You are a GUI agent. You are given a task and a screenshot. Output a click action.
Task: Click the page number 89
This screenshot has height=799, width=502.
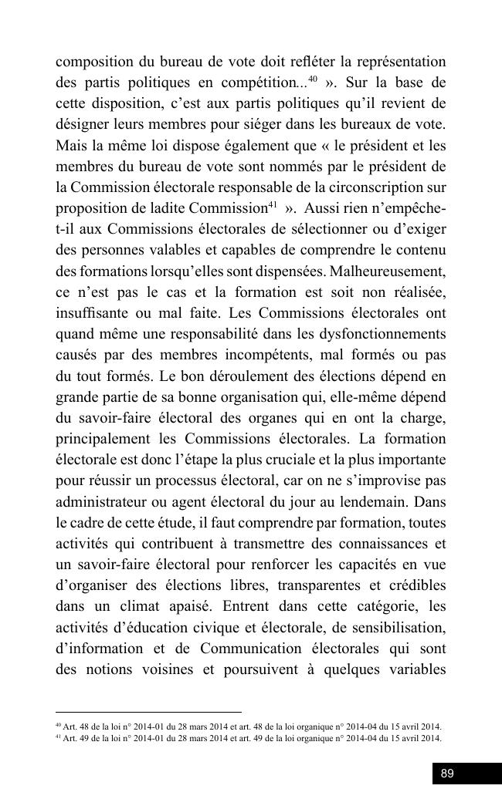pyautogui.click(x=447, y=774)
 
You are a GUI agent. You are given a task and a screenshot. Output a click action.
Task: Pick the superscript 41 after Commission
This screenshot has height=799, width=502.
pyautogui.click(x=272, y=204)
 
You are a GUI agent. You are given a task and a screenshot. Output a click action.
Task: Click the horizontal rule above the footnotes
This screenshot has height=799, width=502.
pyautogui.click(x=148, y=713)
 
